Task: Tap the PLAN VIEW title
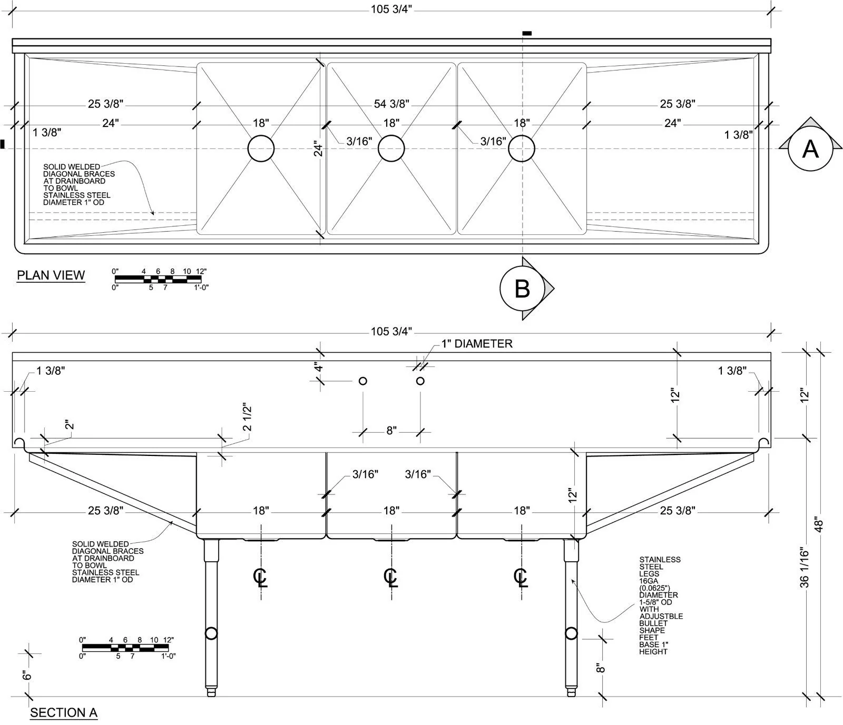51,275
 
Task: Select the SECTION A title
64,713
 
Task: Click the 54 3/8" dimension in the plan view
391,104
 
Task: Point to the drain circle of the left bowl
261,148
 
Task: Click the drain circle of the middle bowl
391,148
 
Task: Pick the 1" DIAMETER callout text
477,344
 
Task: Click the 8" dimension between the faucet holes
391,431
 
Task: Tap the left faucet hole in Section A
362,381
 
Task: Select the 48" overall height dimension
819,524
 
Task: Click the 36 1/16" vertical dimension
804,567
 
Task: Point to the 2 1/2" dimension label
247,417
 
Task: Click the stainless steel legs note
661,605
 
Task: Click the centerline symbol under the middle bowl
390,577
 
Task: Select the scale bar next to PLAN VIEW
159,279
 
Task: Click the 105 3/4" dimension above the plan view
391,9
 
